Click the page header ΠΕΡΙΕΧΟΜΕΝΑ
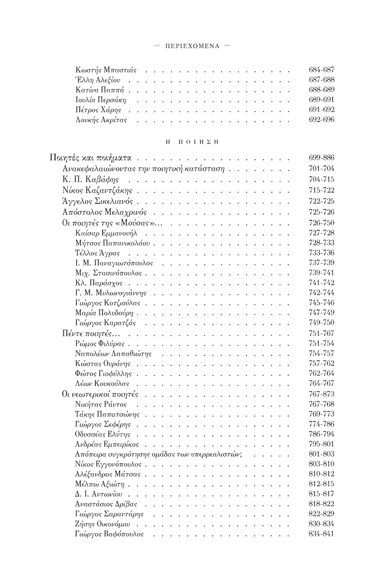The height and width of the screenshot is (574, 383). [x=191, y=45]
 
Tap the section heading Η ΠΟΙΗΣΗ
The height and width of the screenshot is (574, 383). [x=191, y=141]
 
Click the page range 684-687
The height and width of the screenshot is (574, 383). [x=321, y=71]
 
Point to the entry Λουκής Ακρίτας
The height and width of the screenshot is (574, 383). [x=101, y=121]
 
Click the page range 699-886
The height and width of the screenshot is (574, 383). [x=321, y=159]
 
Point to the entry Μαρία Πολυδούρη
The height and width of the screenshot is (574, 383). [x=103, y=312]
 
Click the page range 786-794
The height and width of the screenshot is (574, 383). [x=321, y=434]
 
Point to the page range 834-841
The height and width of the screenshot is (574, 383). [x=321, y=534]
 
